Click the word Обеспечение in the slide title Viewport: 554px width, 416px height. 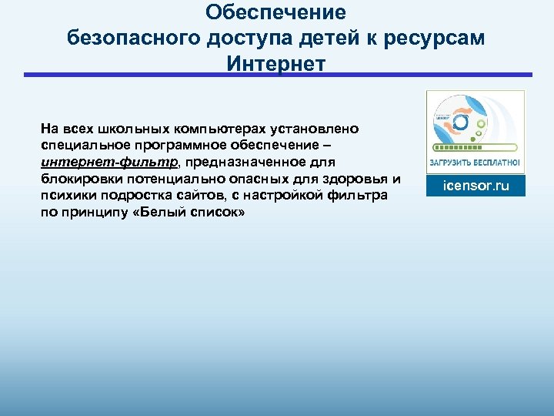276,13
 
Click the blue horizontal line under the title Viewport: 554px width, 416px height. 277,75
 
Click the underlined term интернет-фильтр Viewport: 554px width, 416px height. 110,163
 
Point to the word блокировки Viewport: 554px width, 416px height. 75,179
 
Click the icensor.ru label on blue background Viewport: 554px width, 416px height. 476,186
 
